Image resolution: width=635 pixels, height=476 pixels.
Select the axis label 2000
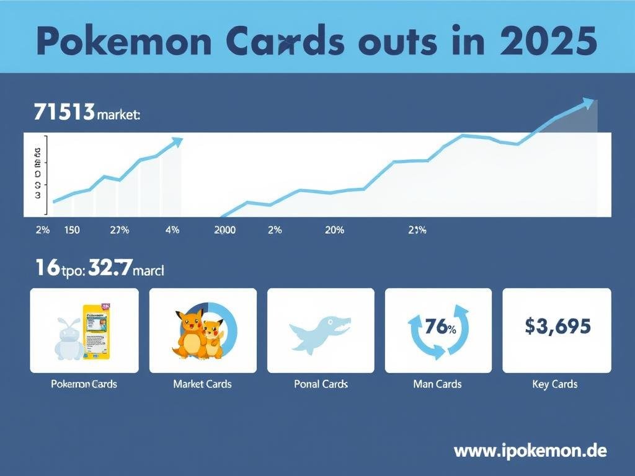coord(224,230)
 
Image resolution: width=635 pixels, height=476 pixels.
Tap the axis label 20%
coord(334,230)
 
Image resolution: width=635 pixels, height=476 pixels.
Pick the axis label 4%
coord(172,230)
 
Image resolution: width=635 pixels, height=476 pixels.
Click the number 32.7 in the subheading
coord(110,268)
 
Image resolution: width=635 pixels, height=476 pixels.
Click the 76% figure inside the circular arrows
coord(438,328)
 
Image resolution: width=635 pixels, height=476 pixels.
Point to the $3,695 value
coord(557,326)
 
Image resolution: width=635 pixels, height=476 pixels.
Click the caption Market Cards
coord(202,384)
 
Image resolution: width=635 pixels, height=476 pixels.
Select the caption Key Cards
coord(554,384)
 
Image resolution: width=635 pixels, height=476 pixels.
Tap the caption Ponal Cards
coord(321,384)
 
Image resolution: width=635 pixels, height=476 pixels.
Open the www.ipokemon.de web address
coord(530,449)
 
